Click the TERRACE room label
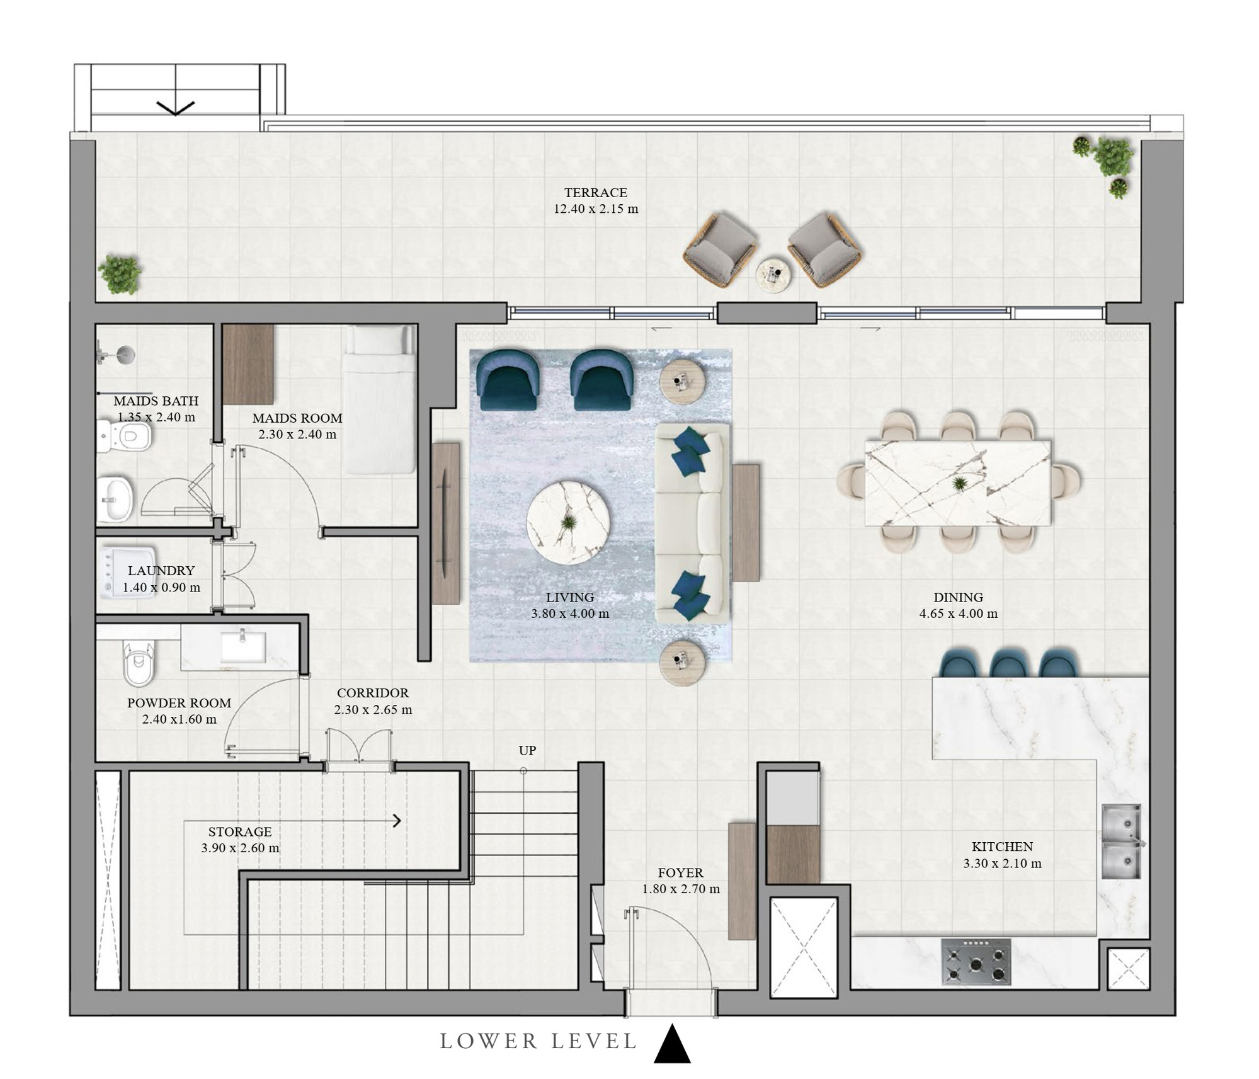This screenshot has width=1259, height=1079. click(595, 193)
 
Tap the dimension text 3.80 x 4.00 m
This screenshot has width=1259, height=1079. click(570, 614)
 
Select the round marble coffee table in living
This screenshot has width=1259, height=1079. click(568, 522)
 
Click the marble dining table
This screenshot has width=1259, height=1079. click(957, 483)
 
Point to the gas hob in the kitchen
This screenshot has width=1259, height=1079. click(976, 962)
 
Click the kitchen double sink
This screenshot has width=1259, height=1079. click(1121, 842)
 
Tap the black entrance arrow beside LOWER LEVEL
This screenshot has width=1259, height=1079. click(672, 1044)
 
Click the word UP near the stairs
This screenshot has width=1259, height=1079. click(527, 750)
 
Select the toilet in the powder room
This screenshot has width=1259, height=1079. click(139, 664)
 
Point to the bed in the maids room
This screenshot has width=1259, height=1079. click(380, 399)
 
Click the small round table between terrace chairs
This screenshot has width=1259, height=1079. click(773, 275)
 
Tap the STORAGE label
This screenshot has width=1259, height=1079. click(240, 831)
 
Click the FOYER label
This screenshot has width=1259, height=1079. click(680, 873)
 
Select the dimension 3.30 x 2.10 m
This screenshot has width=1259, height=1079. click(1002, 864)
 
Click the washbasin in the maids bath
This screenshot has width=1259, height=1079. click(115, 500)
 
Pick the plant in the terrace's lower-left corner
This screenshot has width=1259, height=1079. click(120, 275)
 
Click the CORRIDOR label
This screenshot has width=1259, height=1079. click(373, 693)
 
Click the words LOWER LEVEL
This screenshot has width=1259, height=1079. click(538, 1042)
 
